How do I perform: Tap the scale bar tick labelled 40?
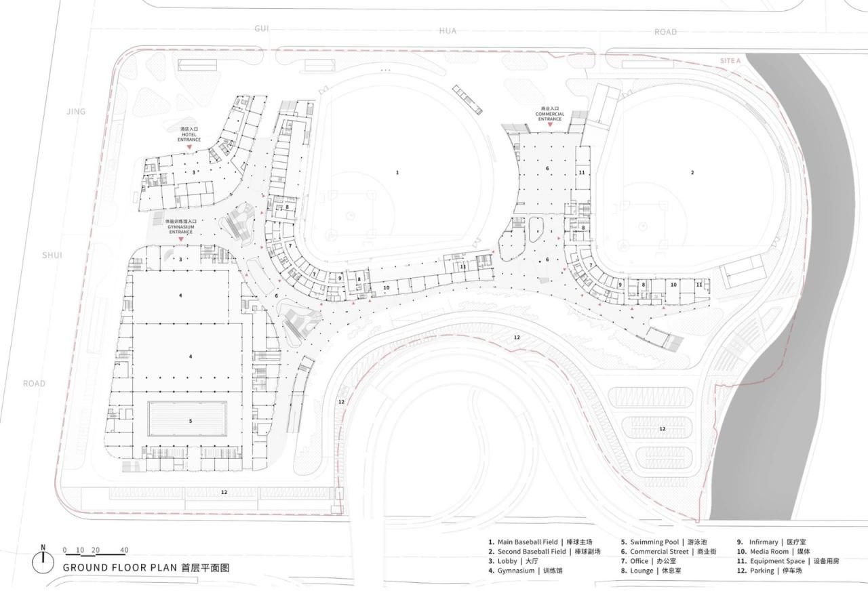pyautogui.click(x=124, y=550)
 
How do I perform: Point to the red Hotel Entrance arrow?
pyautogui.click(x=190, y=146)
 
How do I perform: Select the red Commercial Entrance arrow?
pyautogui.click(x=550, y=125)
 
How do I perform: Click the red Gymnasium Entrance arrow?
pyautogui.click(x=181, y=239)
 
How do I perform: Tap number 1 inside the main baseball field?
pyautogui.click(x=397, y=173)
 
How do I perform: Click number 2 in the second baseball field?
pyautogui.click(x=692, y=173)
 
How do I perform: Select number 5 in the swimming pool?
pyautogui.click(x=191, y=421)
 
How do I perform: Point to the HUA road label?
pyautogui.click(x=448, y=31)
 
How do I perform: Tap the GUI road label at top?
pyautogui.click(x=262, y=28)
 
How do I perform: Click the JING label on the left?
pyautogui.click(x=76, y=111)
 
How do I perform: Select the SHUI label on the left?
pyautogui.click(x=52, y=256)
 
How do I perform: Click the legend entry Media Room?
pyautogui.click(x=772, y=552)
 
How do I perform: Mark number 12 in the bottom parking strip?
pyautogui.click(x=224, y=492)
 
